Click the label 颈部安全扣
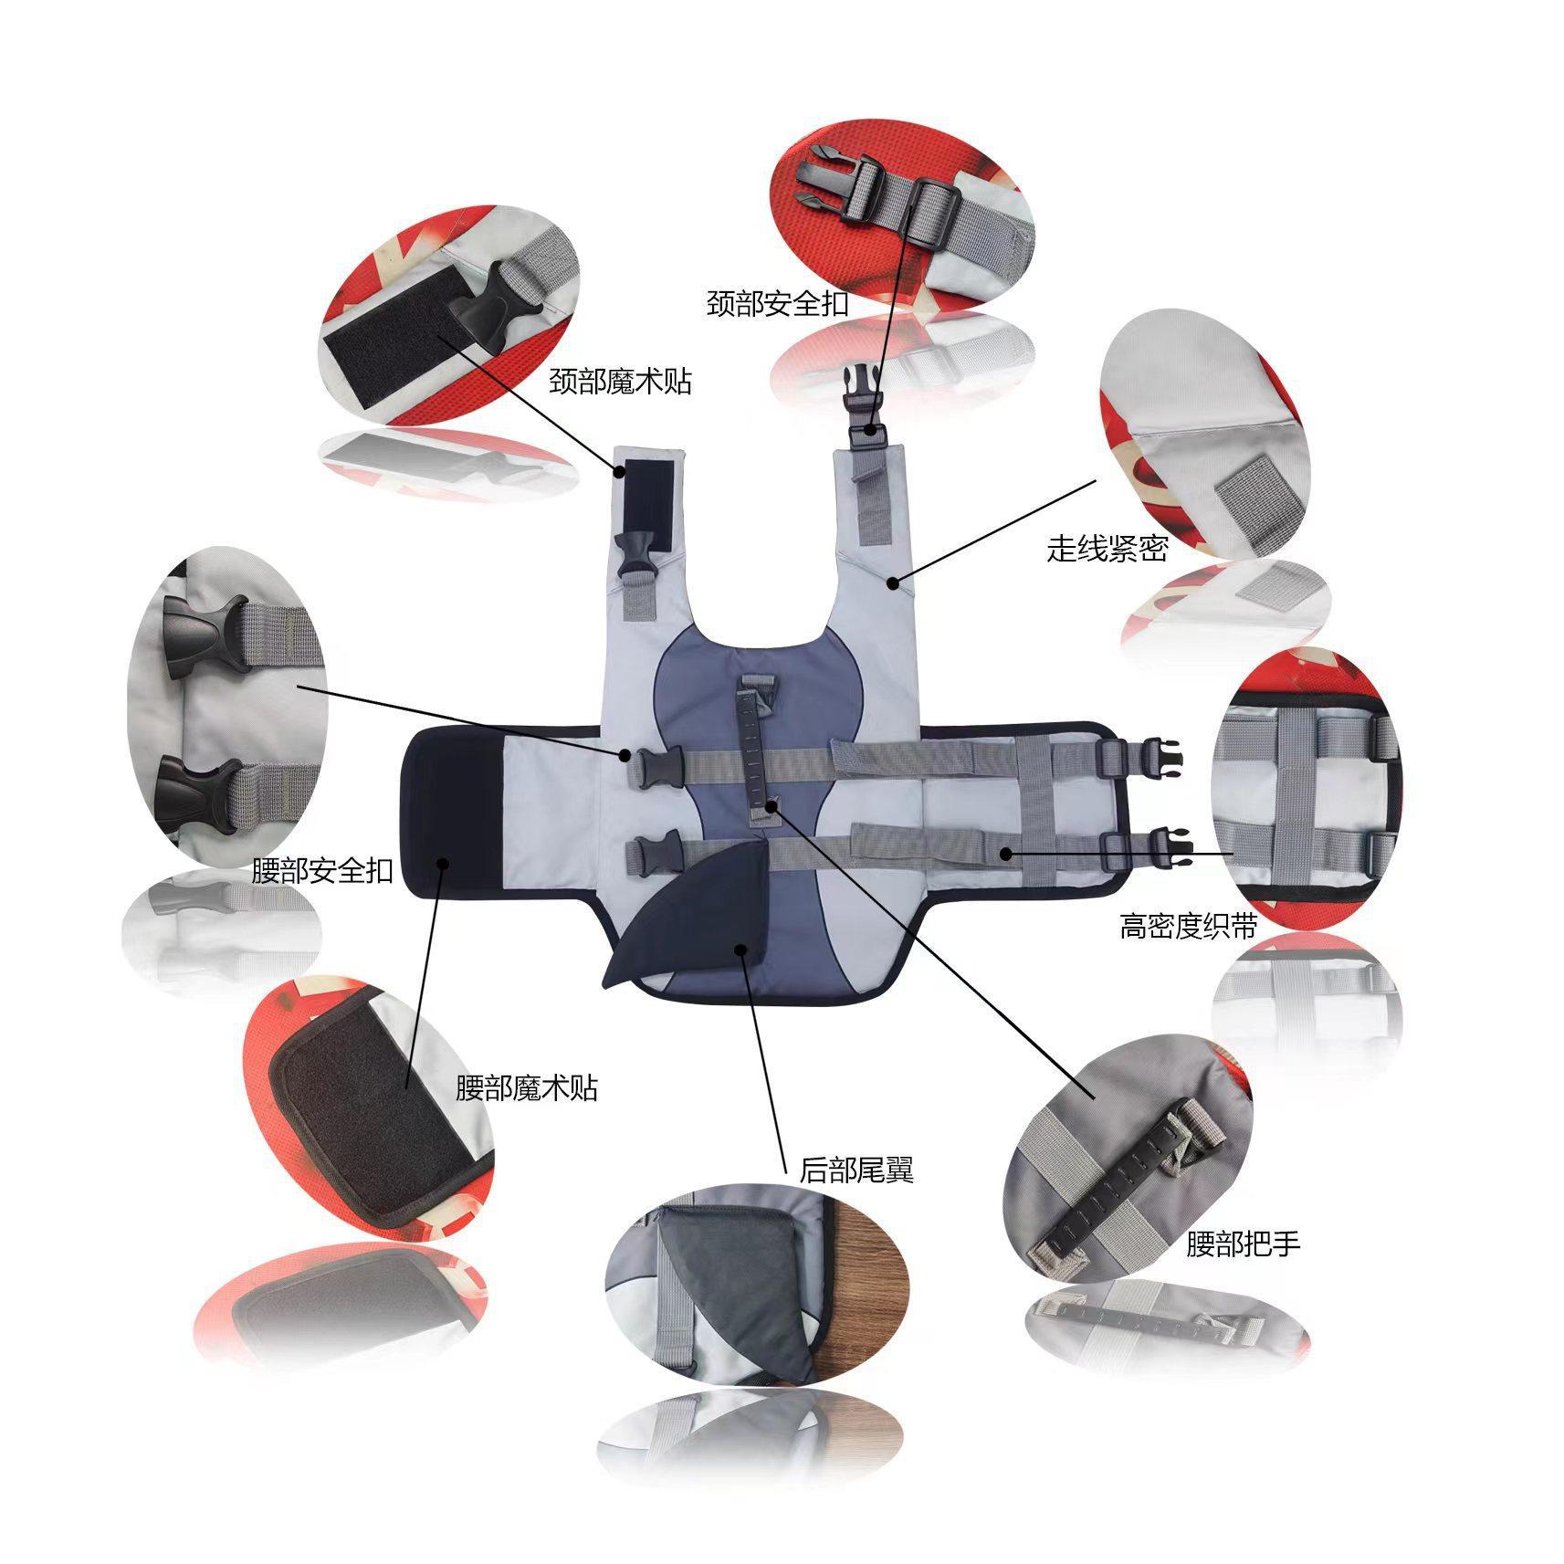point(778,304)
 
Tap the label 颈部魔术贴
point(621,382)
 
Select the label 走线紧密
point(1107,549)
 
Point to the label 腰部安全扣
point(322,870)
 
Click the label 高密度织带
point(1189,927)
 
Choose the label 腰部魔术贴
point(527,1087)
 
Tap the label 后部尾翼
point(856,1170)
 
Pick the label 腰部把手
point(1243,1243)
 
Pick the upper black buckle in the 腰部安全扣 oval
point(203,635)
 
